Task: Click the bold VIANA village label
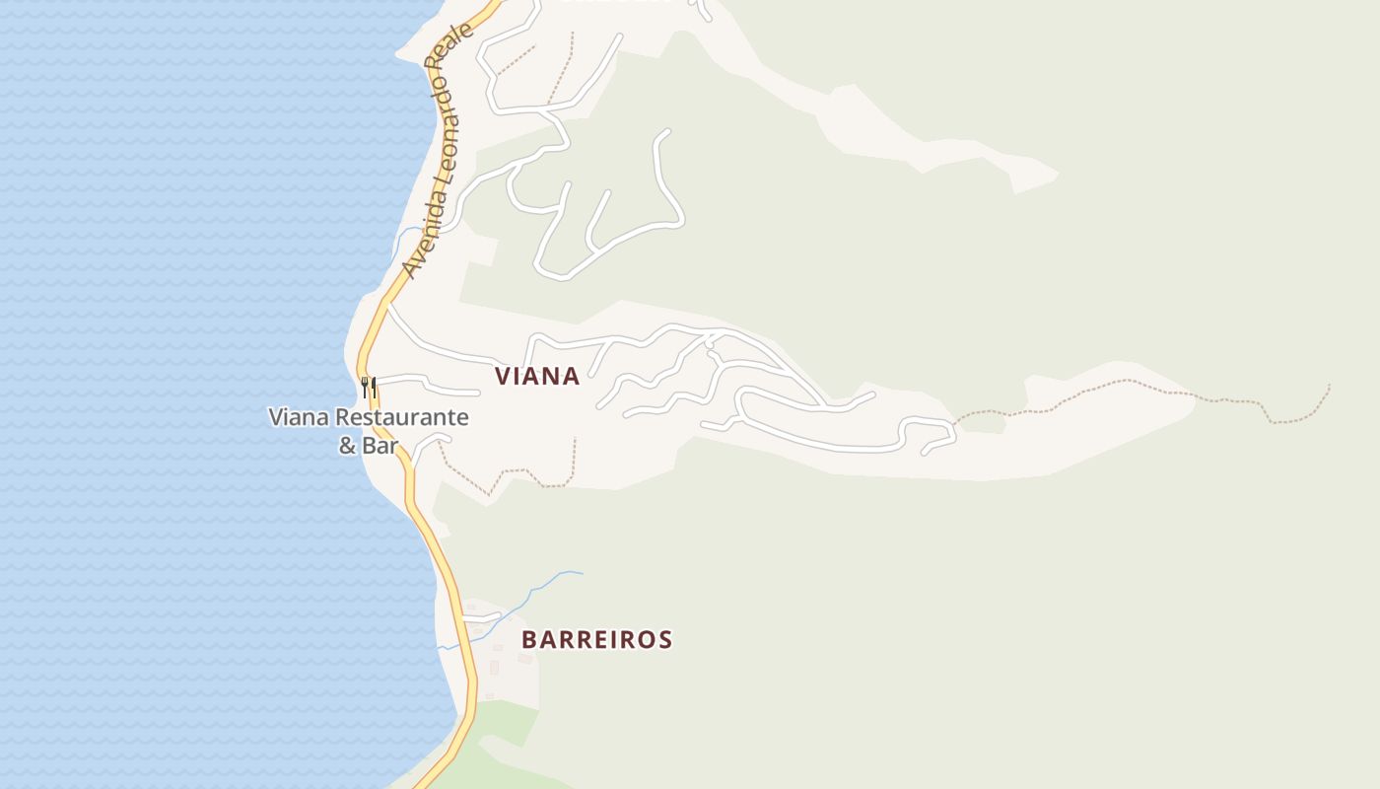[x=537, y=376]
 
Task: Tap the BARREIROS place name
[x=596, y=639]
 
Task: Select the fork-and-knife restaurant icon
[x=369, y=386]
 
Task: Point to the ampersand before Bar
[x=348, y=446]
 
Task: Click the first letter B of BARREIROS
[x=529, y=639]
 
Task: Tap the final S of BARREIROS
[x=665, y=639]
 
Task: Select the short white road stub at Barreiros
[x=483, y=618]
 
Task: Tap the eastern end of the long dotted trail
[x=1329, y=386]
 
